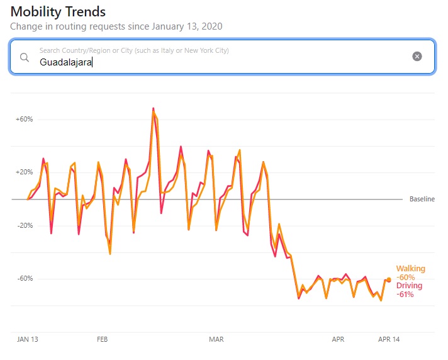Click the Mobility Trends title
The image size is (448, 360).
coord(58,12)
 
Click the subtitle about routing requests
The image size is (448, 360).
coord(116,26)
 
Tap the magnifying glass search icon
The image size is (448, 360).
coord(25,57)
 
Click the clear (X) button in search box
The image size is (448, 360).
coord(417,57)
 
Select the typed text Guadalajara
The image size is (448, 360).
coord(65,62)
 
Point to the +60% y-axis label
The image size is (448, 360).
coord(24,119)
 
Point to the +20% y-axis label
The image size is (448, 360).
coord(24,172)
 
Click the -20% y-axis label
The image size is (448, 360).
coord(24,225)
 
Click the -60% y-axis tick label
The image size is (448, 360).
coord(24,279)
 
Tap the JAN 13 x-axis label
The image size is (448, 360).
coord(28,339)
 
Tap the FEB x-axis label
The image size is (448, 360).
coord(103,339)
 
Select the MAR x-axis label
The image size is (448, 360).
coord(216,339)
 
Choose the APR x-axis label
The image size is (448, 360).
coord(338,339)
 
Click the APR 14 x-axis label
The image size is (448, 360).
coord(388,339)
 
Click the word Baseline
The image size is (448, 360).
coord(422,199)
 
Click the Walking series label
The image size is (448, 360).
coord(410,269)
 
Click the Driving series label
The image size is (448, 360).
coord(409,286)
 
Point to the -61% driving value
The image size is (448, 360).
coord(405,294)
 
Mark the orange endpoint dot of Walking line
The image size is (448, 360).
coord(389,279)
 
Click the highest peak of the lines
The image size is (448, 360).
coord(153,110)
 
